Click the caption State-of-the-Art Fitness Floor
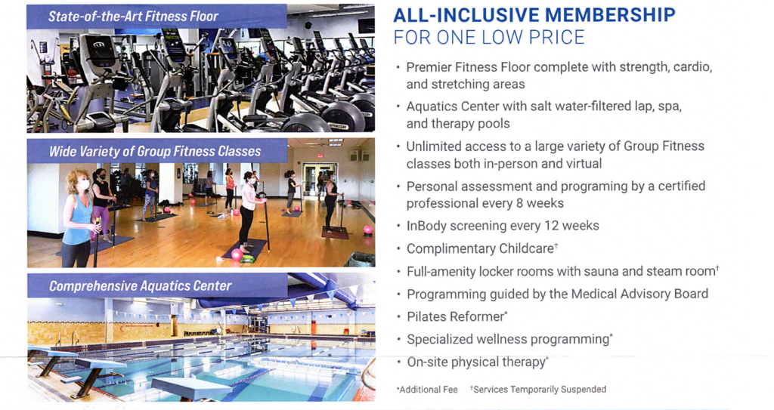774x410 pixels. [x=133, y=17]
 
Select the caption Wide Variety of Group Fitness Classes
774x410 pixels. [x=155, y=151]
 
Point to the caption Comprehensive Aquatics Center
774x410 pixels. [x=140, y=285]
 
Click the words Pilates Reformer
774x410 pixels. [x=454, y=317]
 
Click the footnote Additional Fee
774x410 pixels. [x=429, y=390]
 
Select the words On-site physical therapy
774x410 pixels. [x=476, y=362]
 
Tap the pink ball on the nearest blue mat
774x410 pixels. [x=237, y=254]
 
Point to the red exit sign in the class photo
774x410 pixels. [x=320, y=156]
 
